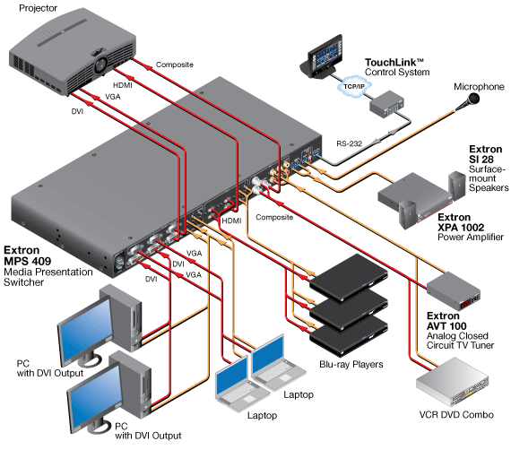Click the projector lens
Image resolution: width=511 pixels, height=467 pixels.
pos(100,64)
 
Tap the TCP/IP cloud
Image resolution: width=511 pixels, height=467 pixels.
pos(354,87)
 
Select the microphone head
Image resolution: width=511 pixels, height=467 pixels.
pos(472,99)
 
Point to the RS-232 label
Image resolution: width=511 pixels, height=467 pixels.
pos(349,143)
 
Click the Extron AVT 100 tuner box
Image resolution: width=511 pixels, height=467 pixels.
pos(454,290)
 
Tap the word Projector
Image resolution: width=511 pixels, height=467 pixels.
pos(39,8)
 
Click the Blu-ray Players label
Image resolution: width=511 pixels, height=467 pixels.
pos(351,364)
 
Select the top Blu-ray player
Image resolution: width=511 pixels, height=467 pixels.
pos(349,277)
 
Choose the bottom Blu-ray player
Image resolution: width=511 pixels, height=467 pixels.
pos(349,337)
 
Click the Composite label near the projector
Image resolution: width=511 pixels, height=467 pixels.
pos(174,65)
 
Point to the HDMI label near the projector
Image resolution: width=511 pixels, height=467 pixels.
pos(123,85)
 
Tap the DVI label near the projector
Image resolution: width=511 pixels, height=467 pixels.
pos(77,111)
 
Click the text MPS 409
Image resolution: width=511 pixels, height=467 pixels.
pos(28,261)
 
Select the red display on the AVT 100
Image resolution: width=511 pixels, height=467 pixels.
pos(464,305)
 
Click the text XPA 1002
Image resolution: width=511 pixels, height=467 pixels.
pos(461,227)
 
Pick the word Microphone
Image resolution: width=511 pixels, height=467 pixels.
pos(479,87)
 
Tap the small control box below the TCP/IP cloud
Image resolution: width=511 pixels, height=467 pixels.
pos(386,105)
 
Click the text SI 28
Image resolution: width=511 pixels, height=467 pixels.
pos(481,160)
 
